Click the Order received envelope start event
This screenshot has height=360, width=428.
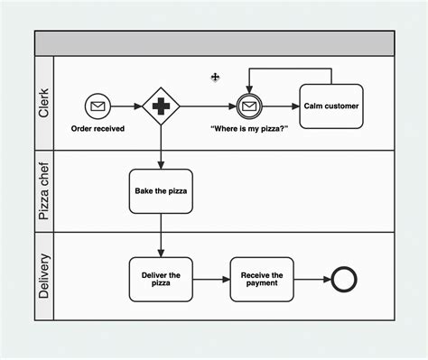click(98, 106)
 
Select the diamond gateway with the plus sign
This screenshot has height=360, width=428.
click(161, 106)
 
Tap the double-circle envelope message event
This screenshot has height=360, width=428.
click(248, 106)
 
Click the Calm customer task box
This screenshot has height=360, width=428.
click(330, 106)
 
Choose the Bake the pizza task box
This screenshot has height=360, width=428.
click(161, 190)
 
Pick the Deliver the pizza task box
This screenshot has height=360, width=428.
click(161, 279)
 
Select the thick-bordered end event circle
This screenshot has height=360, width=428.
click(345, 280)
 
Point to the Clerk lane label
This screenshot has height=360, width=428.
click(44, 103)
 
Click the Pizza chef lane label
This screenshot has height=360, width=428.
click(44, 190)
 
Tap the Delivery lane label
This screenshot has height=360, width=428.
click(44, 275)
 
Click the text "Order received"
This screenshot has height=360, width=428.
click(98, 129)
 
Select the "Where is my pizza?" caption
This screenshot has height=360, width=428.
click(248, 129)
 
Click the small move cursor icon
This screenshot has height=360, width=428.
click(215, 78)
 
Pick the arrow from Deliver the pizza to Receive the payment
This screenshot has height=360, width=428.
click(211, 280)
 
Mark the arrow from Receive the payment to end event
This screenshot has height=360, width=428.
click(312, 280)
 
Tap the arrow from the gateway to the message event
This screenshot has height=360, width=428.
click(208, 106)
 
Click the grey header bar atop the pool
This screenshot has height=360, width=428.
click(215, 42)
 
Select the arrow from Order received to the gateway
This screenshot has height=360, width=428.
click(126, 106)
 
